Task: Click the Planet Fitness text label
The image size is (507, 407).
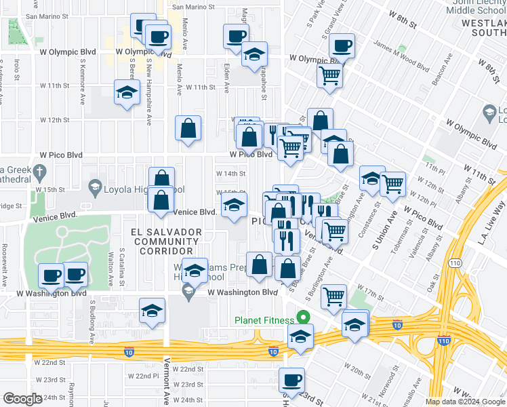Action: (264, 320)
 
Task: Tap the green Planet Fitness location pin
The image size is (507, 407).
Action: (304, 317)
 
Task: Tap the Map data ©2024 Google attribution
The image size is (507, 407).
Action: (465, 402)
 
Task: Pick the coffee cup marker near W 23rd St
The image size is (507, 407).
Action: (292, 381)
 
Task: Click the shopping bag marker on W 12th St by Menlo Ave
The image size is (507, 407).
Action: (188, 128)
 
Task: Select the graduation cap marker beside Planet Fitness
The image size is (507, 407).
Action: (300, 336)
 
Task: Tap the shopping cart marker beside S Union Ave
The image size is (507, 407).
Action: (392, 183)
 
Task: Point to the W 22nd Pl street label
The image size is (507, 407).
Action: (147, 376)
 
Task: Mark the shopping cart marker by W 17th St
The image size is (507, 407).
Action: (333, 296)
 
